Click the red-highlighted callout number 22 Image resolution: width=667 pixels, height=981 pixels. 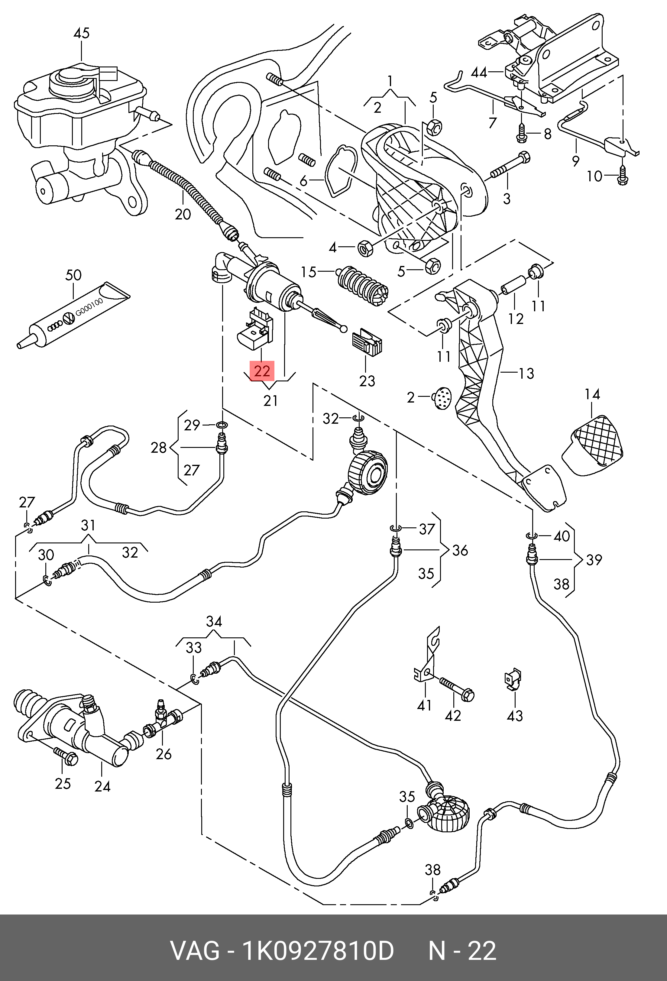pyautogui.click(x=262, y=371)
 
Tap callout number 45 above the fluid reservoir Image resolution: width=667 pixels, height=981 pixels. pyautogui.click(x=82, y=33)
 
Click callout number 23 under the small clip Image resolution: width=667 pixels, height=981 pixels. pyautogui.click(x=367, y=381)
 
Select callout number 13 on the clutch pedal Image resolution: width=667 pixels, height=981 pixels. pyautogui.click(x=526, y=373)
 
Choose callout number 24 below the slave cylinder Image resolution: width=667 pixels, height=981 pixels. pyautogui.click(x=102, y=786)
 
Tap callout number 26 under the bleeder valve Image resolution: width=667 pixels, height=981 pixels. pyautogui.click(x=164, y=754)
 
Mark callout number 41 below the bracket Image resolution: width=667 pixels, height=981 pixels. pyautogui.click(x=424, y=705)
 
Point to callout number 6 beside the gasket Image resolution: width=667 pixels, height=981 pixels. pyautogui.click(x=303, y=181)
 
